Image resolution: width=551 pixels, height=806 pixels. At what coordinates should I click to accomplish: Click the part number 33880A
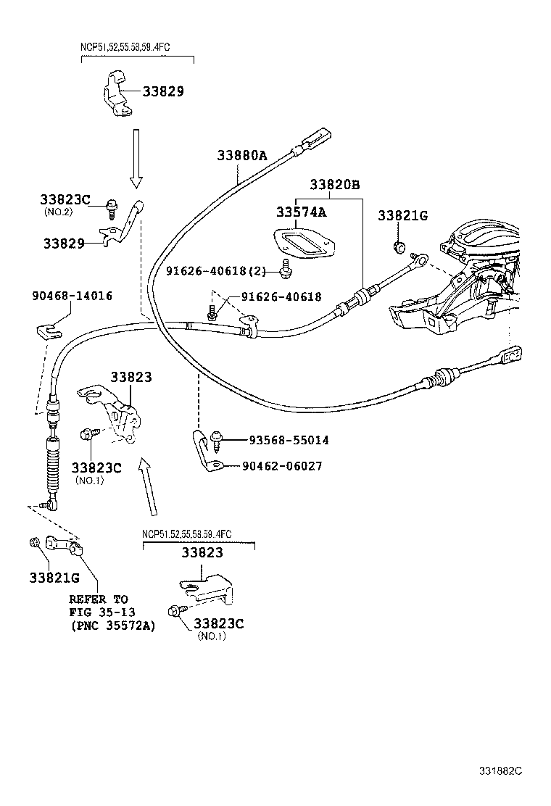241,155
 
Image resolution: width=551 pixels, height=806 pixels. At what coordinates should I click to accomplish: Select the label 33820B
335,184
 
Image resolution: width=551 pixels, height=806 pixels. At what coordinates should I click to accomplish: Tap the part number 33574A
300,212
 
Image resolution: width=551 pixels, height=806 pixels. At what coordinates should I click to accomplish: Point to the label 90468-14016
72,296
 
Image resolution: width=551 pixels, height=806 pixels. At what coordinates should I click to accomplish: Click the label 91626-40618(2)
215,271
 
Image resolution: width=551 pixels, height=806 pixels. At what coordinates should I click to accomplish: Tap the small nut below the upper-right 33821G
398,248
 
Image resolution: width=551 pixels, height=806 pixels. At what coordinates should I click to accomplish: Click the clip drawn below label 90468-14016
48,333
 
